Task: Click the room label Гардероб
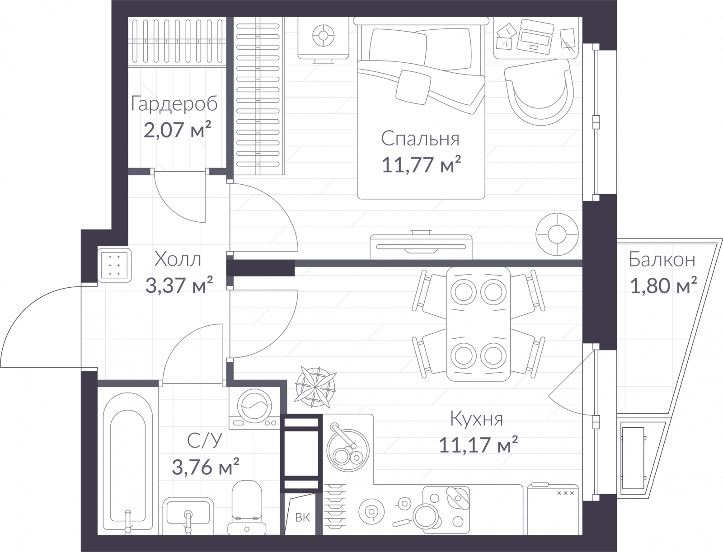pos(174,104)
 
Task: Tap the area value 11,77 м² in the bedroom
pos(421,164)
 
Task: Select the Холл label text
pos(178,259)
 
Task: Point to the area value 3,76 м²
pos(206,467)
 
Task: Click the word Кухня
pos(477,419)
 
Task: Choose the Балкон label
pos(662,260)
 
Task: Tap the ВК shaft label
pos(302,518)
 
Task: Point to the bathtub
pos(128,463)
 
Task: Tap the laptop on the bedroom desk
pos(535,37)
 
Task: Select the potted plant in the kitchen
pos(315,387)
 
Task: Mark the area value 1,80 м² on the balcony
pos(663,285)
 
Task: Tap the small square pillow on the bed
pos(413,88)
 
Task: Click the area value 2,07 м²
pos(177,129)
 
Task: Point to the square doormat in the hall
pos(114,265)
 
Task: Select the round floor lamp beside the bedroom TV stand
pos(557,234)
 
